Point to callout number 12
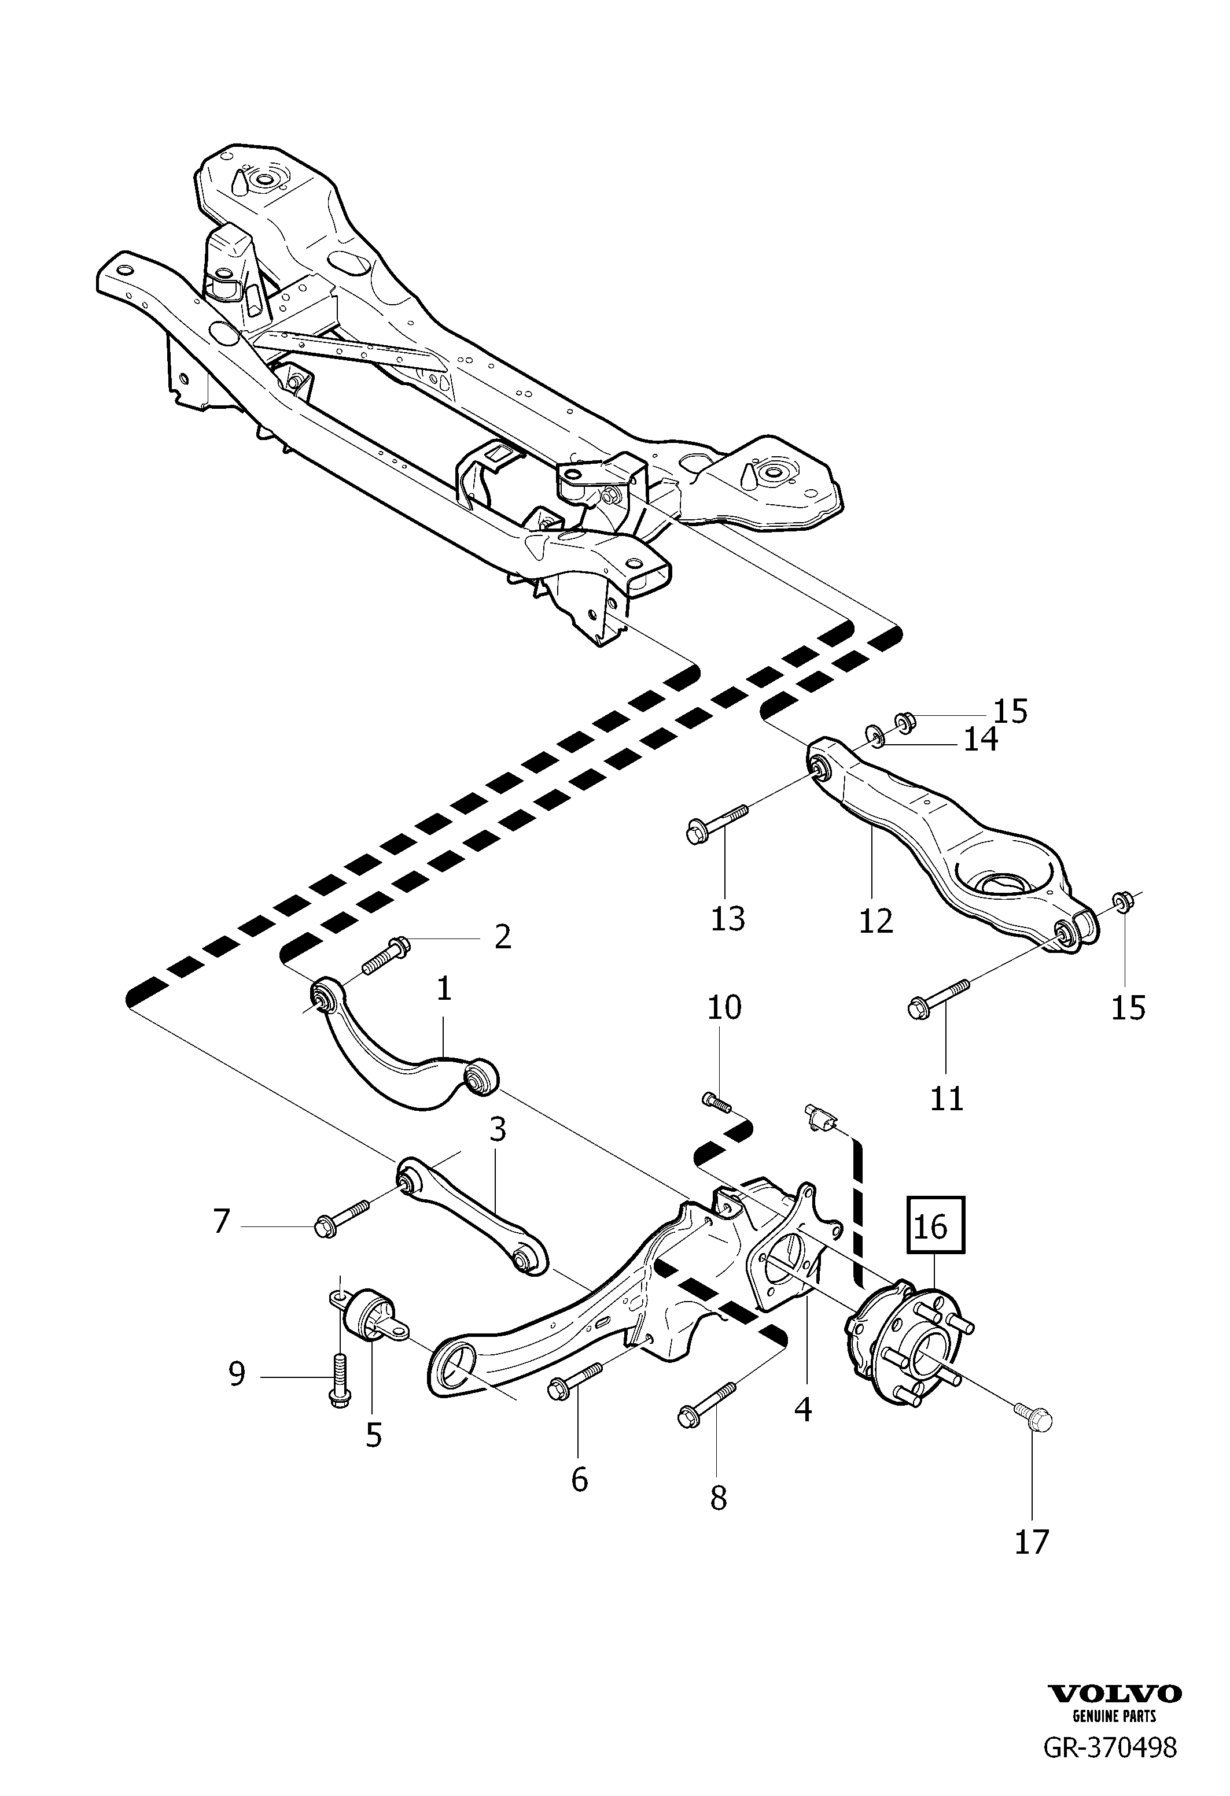coord(876,921)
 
